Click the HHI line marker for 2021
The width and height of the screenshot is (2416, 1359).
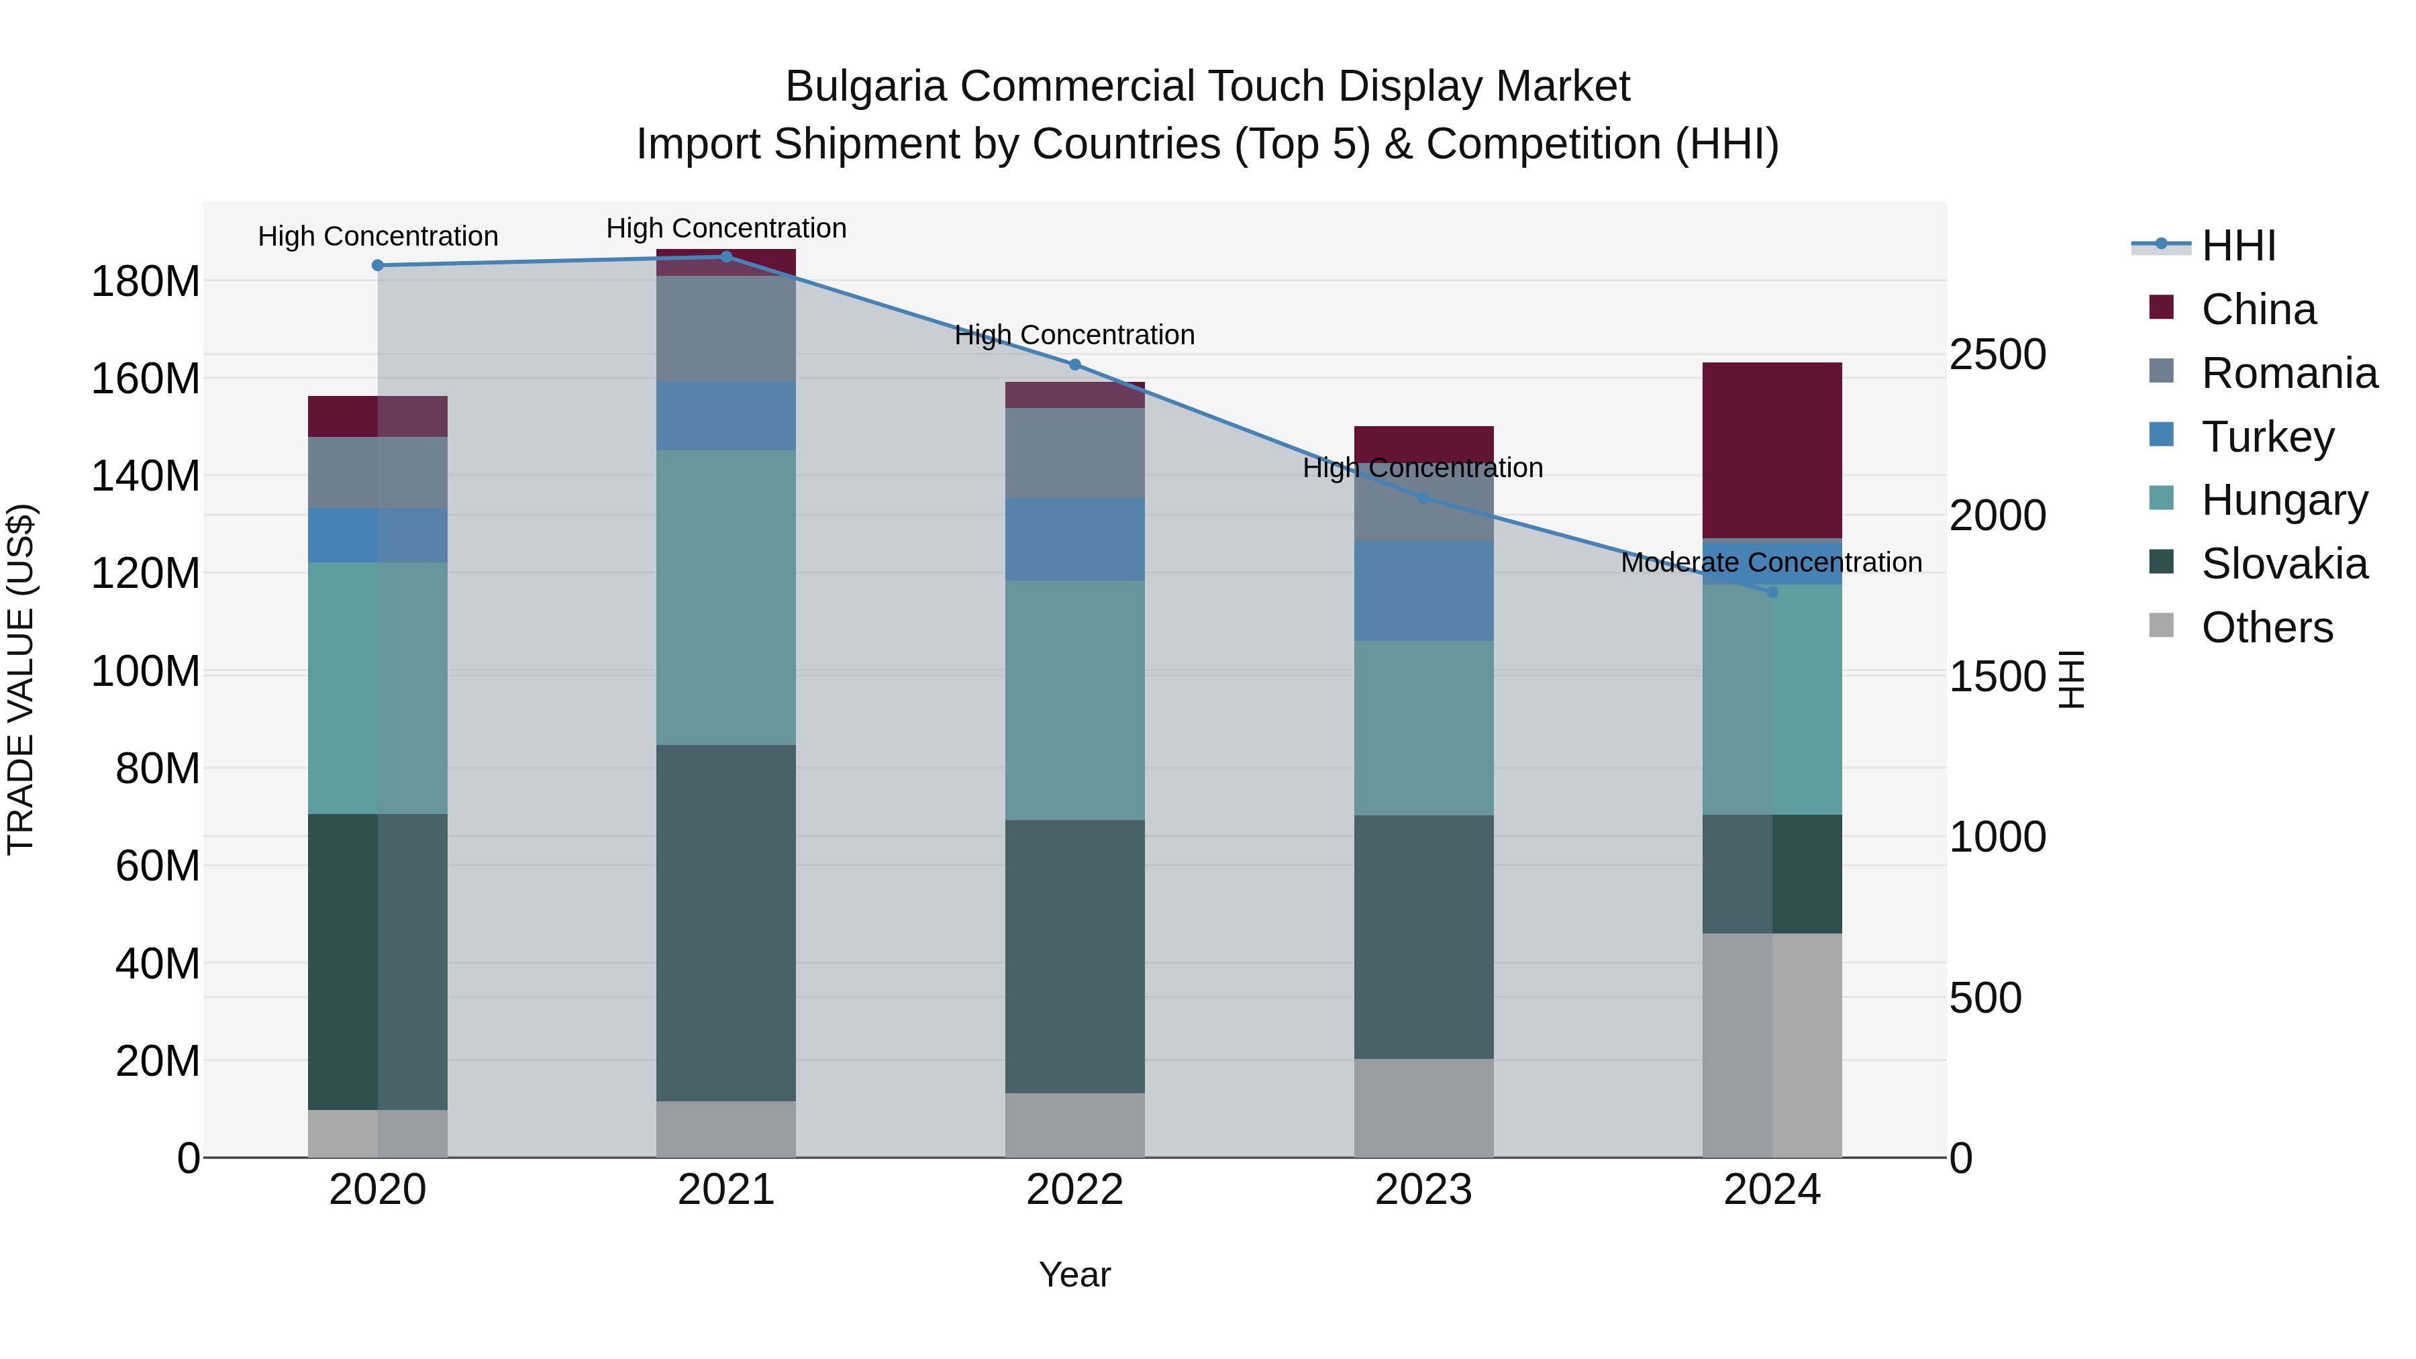click(x=726, y=256)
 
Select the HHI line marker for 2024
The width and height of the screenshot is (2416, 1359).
click(x=1772, y=592)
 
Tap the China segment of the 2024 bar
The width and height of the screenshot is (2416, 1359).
click(x=1772, y=450)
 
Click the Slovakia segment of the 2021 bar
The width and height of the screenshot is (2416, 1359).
click(x=726, y=922)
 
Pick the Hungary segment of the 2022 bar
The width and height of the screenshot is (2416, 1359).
click(x=1075, y=700)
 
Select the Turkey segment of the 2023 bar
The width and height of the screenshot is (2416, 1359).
click(x=1423, y=591)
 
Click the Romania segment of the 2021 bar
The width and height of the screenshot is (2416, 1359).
click(x=726, y=328)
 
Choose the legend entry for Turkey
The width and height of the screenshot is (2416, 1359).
click(x=2267, y=437)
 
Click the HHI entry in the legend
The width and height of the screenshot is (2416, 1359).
click(x=2237, y=246)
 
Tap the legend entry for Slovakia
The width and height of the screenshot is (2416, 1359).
click(x=2283, y=564)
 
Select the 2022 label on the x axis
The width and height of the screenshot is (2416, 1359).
click(x=1075, y=1190)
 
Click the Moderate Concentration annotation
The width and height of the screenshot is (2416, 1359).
click(x=1771, y=563)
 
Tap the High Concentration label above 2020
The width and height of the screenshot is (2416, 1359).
click(x=378, y=236)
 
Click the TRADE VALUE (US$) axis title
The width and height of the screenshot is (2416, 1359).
click(x=21, y=679)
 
